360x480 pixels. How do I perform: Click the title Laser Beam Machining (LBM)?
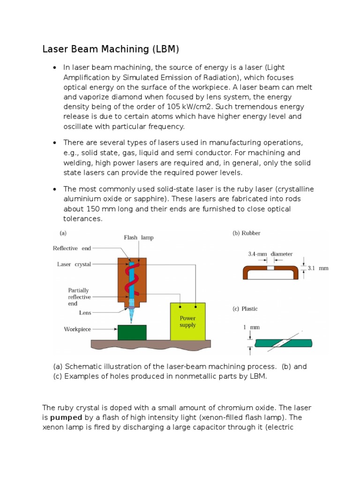111,49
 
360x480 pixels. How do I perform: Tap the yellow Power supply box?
187,322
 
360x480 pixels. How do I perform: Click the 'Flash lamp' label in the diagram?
138,238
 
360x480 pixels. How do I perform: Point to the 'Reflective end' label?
72,248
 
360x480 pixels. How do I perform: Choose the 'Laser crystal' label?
74,264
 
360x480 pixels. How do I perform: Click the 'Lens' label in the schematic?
85,313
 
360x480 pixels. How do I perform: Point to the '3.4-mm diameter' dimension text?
270,254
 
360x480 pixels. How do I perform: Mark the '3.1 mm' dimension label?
318,269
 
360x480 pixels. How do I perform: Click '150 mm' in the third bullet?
95,209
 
